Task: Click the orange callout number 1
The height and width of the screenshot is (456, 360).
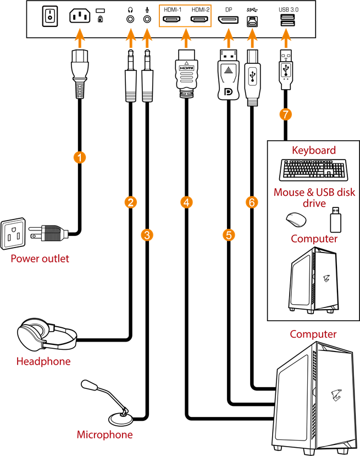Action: tap(80, 158)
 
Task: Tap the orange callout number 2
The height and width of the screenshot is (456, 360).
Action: tap(131, 202)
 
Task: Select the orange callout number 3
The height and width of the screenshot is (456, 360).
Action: tap(147, 235)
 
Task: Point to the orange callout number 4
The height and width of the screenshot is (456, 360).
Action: tap(187, 202)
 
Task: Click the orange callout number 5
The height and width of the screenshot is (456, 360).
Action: tap(229, 235)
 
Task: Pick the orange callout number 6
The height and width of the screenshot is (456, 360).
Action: tap(252, 202)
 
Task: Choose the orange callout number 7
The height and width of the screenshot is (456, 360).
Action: tap(285, 114)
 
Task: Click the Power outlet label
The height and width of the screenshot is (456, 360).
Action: tap(40, 259)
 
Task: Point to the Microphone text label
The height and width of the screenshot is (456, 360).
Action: tap(104, 435)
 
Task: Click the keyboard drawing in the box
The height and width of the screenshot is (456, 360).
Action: tap(313, 170)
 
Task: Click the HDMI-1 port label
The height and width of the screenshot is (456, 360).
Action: tap(174, 10)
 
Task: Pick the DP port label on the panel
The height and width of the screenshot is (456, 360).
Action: tap(228, 10)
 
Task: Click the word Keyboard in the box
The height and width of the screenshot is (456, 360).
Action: tap(313, 150)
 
